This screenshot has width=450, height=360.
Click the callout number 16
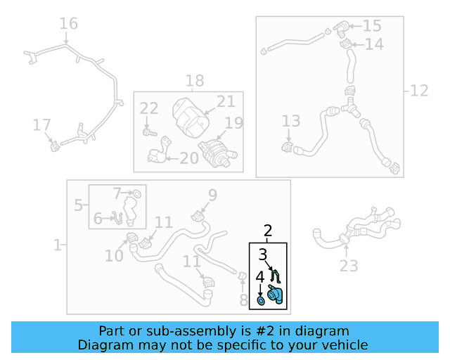click(x=68, y=23)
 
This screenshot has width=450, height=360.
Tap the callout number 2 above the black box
click(x=267, y=231)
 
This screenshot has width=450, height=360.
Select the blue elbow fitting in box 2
click(x=275, y=295)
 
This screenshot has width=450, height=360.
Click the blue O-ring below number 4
click(x=261, y=302)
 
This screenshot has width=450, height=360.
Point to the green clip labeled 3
click(x=276, y=276)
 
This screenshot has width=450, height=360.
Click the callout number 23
click(x=349, y=266)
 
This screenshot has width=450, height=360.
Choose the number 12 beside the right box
click(x=419, y=91)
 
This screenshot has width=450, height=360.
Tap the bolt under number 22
click(x=150, y=133)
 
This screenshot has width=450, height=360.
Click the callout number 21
click(x=226, y=101)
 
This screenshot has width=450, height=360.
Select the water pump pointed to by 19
click(x=217, y=152)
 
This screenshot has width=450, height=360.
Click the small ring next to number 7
click(x=137, y=194)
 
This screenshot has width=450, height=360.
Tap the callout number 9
click(x=212, y=195)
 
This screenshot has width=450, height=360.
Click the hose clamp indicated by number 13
click(x=287, y=148)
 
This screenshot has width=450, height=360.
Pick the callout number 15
click(x=372, y=26)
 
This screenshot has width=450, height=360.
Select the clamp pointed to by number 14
click(x=345, y=44)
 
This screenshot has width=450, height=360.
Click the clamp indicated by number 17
click(x=55, y=147)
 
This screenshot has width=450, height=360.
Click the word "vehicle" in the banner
click(x=348, y=345)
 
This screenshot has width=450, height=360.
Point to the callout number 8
click(x=243, y=300)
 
